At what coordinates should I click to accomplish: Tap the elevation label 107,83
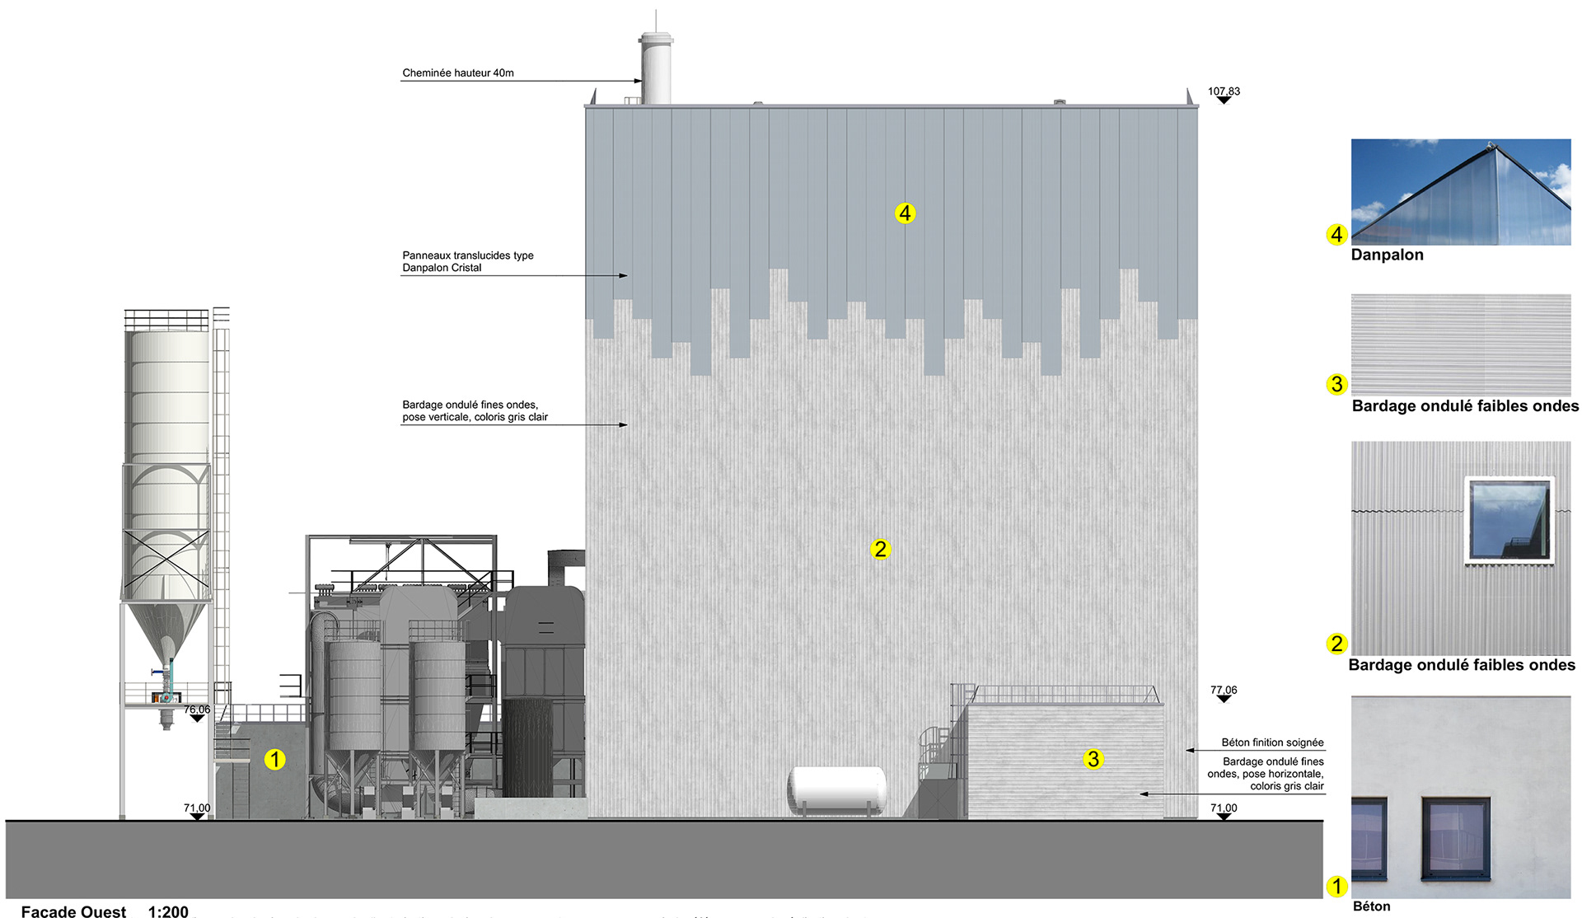(x=1224, y=91)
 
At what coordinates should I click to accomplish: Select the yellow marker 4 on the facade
(x=905, y=213)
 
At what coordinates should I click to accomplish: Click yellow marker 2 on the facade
(x=880, y=549)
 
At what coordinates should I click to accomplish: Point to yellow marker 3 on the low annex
(x=1093, y=759)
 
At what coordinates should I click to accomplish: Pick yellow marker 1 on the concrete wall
(x=274, y=759)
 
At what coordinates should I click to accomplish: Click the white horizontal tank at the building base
(x=837, y=790)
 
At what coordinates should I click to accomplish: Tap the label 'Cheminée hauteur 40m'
(x=458, y=73)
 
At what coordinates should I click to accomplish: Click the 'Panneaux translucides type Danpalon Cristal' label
(x=467, y=261)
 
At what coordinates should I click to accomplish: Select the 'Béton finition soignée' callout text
(x=1272, y=742)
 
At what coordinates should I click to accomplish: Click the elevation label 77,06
(x=1224, y=691)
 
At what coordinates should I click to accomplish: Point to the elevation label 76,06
(x=197, y=710)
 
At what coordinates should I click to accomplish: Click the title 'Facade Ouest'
(x=73, y=911)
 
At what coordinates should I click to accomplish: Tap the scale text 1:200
(x=168, y=911)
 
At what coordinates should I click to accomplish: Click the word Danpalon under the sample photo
(x=1387, y=255)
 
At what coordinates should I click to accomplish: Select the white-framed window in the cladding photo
(x=1509, y=520)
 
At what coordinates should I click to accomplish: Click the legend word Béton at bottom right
(x=1371, y=906)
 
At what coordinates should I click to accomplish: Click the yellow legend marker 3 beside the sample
(x=1336, y=384)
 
